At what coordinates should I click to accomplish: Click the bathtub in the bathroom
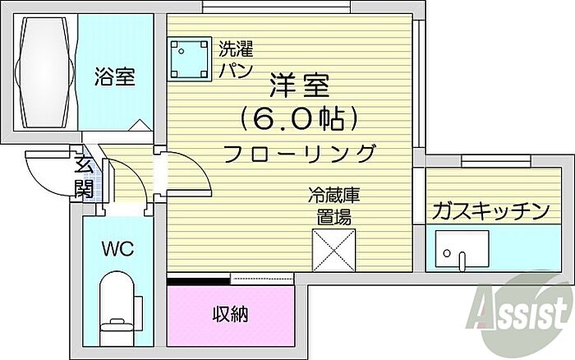click(x=45, y=72)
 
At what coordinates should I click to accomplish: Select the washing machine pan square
click(x=189, y=58)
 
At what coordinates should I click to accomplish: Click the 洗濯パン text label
click(x=237, y=59)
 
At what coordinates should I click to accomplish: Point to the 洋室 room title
click(x=300, y=85)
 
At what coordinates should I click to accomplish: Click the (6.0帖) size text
click(x=299, y=118)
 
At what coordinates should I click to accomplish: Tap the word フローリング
click(x=300, y=154)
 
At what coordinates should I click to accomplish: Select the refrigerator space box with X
click(x=333, y=251)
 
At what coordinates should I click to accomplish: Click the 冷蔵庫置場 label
click(x=333, y=206)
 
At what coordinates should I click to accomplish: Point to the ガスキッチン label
click(x=490, y=210)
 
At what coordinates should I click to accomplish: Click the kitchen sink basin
click(x=462, y=249)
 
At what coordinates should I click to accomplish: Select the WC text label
click(x=117, y=250)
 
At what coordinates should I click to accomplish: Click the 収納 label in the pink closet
click(x=231, y=314)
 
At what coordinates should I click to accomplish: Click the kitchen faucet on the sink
click(x=462, y=260)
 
